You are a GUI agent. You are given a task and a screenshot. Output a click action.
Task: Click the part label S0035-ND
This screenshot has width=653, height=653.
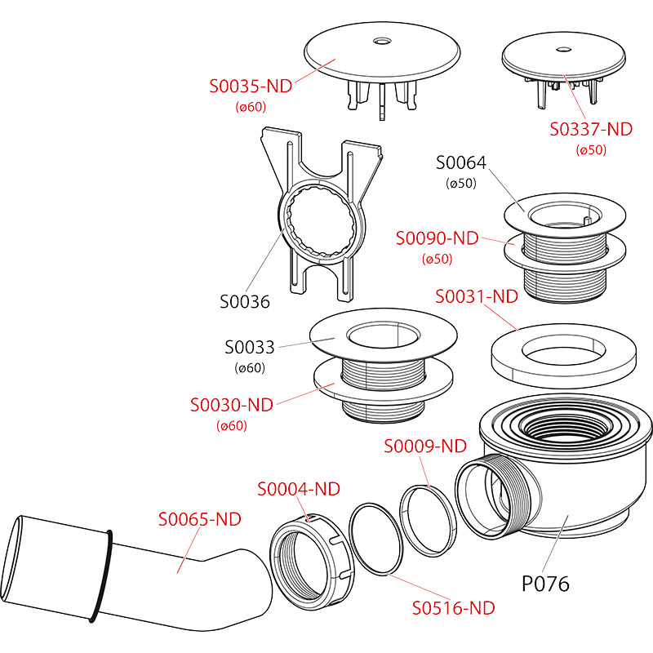click(251, 86)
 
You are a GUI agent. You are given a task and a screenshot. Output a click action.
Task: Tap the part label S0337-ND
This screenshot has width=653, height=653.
click(592, 129)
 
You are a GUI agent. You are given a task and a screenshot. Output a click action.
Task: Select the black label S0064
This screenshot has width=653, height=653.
click(461, 162)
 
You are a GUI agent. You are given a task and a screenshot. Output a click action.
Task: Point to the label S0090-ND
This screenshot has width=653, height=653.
click(437, 238)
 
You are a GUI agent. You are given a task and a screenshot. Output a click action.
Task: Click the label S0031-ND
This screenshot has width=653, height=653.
click(477, 296)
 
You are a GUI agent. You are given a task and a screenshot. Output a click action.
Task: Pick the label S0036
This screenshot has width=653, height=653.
click(245, 302)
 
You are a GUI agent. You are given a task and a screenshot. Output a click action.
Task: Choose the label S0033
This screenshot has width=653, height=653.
click(251, 347)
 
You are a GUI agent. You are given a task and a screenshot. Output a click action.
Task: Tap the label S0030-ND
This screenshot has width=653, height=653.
click(232, 405)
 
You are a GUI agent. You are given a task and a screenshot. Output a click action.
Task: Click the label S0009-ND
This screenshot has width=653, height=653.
click(425, 446)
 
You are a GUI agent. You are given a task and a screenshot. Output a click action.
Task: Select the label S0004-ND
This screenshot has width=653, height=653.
click(299, 489)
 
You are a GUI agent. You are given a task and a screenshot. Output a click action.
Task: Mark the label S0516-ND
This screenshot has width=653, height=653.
click(454, 607)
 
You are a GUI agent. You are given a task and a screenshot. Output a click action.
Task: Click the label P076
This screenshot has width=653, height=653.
click(545, 584)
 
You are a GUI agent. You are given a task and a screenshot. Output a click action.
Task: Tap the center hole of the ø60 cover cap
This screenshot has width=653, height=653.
click(382, 40)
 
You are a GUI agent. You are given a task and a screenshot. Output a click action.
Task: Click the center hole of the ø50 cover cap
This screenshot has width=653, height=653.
click(562, 50)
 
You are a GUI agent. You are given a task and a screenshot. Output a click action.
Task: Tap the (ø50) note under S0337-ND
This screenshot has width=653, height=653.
click(592, 149)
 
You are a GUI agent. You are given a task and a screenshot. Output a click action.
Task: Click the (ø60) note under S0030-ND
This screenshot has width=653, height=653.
click(232, 425)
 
